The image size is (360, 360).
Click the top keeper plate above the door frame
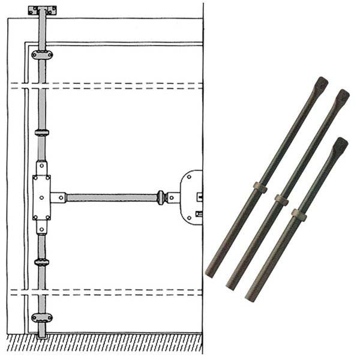pyautogui.click(x=42, y=10)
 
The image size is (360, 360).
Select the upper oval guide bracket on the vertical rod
pyautogui.click(x=42, y=55)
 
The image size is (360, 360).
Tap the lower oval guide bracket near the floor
pyautogui.click(x=42, y=317)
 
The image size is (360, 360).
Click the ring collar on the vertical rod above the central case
pyautogui.click(x=42, y=132)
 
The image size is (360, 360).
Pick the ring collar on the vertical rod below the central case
pyautogui.click(x=42, y=262)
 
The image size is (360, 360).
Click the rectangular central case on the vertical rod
pyautogui.click(x=42, y=197)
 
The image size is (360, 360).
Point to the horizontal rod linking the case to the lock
pyautogui.click(x=111, y=197)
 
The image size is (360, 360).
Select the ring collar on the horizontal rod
pyautogui.click(x=160, y=197)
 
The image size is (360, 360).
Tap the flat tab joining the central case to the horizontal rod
pyautogui.click(x=58, y=197)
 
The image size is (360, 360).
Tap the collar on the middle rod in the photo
pyautogui.click(x=281, y=199)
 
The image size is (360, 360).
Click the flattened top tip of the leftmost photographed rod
pyautogui.click(x=322, y=84)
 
